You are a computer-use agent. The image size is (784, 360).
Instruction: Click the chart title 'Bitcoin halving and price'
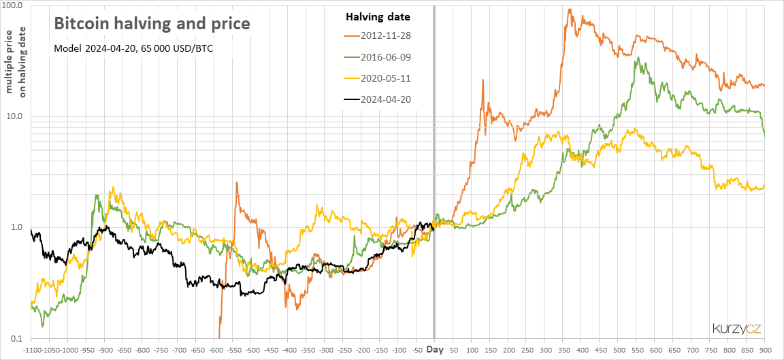tap(152, 24)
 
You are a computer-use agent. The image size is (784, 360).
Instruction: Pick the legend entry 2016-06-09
tap(378, 57)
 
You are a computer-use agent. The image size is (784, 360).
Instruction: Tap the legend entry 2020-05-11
tap(378, 78)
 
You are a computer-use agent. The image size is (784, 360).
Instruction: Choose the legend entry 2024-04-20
tap(378, 99)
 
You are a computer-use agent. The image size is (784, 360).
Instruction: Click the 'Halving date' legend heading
tap(378, 17)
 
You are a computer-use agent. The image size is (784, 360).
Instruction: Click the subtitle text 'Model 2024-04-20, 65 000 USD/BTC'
tap(133, 48)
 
